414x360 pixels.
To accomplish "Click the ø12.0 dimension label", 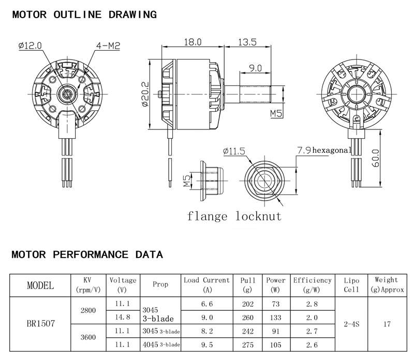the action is (30, 46).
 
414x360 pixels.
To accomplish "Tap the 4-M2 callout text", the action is (108, 46).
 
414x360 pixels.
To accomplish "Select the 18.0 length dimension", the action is (193, 42).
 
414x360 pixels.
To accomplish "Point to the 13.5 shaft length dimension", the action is (247, 42).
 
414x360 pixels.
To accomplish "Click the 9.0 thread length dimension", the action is (255, 68).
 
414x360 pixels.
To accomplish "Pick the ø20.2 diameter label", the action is (145, 94).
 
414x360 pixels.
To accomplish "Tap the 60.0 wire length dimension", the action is (376, 158).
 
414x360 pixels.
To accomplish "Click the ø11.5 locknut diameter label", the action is (234, 151).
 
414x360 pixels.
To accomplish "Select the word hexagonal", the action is (332, 150).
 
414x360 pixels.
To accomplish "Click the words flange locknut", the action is (234, 216).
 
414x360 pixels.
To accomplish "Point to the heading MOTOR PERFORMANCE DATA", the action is (87, 254).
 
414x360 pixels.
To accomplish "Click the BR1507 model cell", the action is (41, 324).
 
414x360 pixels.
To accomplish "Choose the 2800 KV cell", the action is (88, 310).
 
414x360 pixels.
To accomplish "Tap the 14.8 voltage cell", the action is (123, 317).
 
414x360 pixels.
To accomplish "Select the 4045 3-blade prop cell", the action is (161, 344).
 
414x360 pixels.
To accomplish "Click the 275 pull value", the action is (248, 344).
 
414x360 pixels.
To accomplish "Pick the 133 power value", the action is (276, 318).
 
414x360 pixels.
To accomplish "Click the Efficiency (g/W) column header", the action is (313, 285).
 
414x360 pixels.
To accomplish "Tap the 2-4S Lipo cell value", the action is (351, 324).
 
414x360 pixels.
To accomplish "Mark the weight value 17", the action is (387, 324).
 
